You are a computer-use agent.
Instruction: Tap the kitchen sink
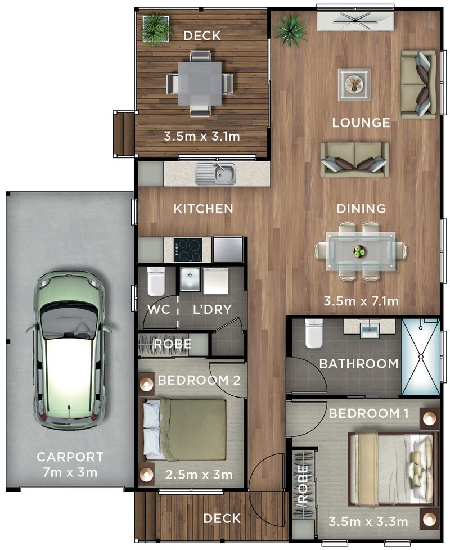(215, 174)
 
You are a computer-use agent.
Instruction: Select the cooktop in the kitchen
(187, 250)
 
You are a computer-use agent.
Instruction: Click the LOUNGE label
(361, 123)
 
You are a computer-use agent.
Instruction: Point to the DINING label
(361, 209)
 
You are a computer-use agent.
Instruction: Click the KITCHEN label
(203, 209)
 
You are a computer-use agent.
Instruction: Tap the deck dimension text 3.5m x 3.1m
(202, 136)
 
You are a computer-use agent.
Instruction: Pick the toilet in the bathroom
(313, 333)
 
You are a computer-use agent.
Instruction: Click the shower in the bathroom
(420, 357)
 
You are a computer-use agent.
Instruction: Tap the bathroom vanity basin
(370, 328)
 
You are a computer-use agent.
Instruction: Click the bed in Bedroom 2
(185, 429)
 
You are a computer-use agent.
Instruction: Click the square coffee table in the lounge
(354, 84)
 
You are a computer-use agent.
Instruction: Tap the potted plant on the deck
(155, 29)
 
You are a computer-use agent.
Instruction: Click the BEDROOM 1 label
(368, 414)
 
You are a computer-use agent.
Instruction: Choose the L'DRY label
(212, 309)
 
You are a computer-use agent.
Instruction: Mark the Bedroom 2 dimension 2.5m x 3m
(199, 475)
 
